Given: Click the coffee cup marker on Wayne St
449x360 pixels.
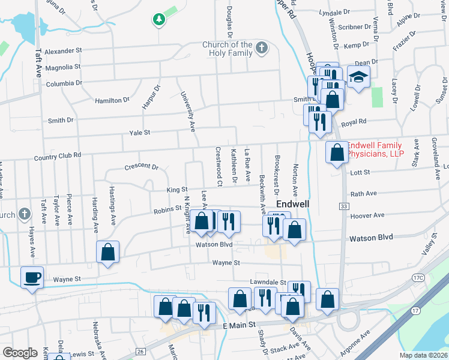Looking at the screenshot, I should [32, 278].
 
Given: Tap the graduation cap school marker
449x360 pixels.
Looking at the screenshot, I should [358, 77].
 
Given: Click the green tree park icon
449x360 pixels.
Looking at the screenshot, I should [158, 20].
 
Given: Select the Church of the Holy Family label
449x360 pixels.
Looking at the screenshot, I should [228, 49].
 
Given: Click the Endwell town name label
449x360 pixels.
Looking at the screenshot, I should [292, 204].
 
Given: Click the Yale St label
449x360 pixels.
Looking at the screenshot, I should [139, 132].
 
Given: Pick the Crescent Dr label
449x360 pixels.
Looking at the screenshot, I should [141, 167].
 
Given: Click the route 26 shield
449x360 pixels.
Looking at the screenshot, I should [140, 351].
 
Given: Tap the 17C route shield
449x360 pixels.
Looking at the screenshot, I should [418, 277].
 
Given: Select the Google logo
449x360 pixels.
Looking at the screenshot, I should [20, 353].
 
